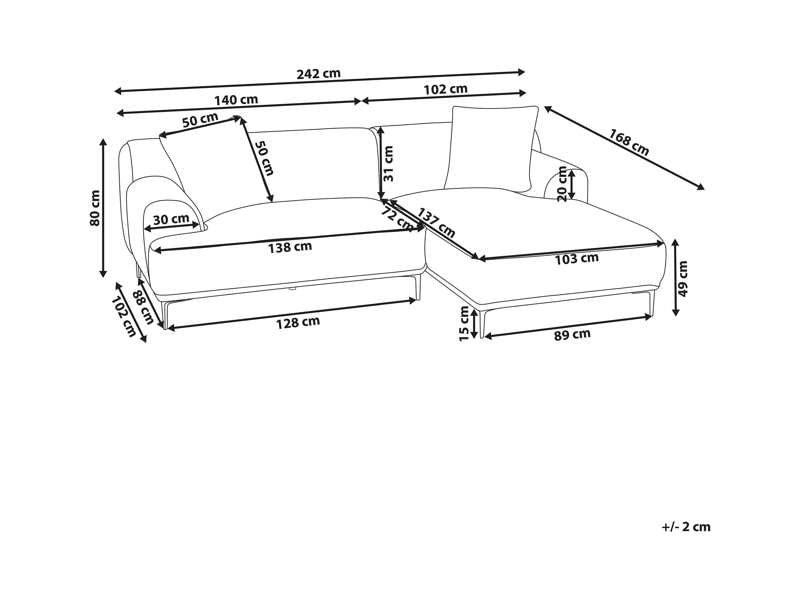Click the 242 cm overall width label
(319, 74)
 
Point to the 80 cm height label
(95, 208)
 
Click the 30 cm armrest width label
(171, 219)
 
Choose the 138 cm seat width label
(290, 247)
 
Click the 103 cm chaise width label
(577, 259)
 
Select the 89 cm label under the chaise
(572, 335)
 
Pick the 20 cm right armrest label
(562, 184)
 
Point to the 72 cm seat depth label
(397, 218)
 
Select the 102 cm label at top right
(446, 89)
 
